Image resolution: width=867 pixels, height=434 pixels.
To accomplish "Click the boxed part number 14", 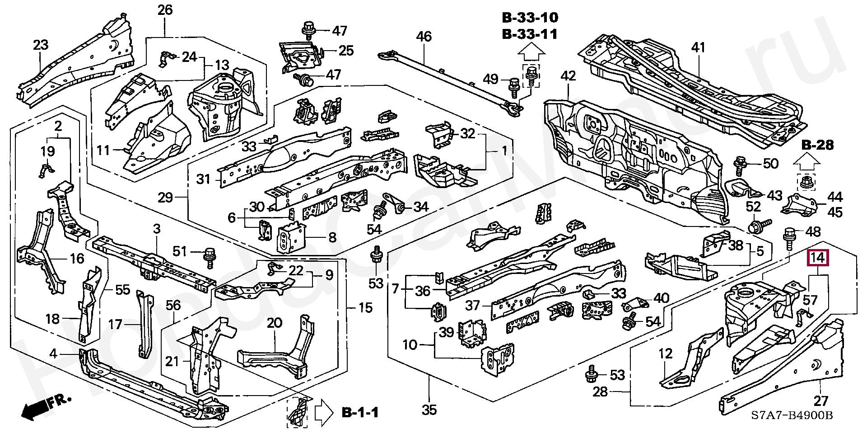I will pos(818,259).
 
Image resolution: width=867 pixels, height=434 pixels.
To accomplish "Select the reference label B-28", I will pos(818,146).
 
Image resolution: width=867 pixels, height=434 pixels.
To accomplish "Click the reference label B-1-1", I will pos(359,413).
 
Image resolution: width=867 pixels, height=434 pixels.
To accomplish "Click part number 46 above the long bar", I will pos(424,36).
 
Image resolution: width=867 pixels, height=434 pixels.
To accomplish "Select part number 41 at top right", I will pos(698,47).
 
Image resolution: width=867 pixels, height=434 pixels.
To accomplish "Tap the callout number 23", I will pos(41,45).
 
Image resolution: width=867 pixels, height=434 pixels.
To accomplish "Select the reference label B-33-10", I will pos(530,18).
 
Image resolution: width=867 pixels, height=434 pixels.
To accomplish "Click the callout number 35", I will pos(429,410).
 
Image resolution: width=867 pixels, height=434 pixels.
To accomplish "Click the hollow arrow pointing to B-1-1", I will pos(323,412).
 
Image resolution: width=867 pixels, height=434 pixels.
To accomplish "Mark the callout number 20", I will pos(274,323).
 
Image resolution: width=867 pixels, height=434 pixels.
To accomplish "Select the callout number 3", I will pos(156,229).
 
